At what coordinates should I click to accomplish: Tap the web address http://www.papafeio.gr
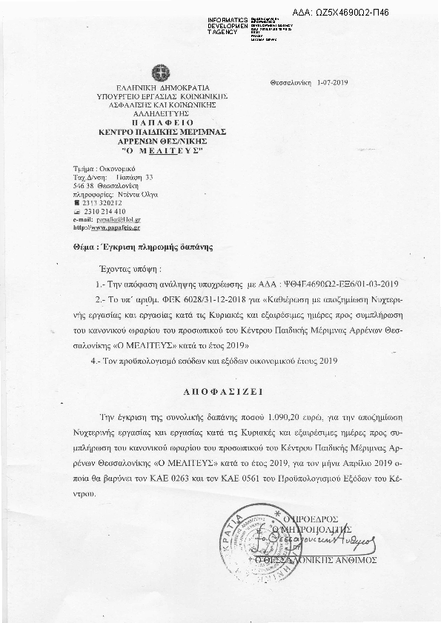107,228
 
